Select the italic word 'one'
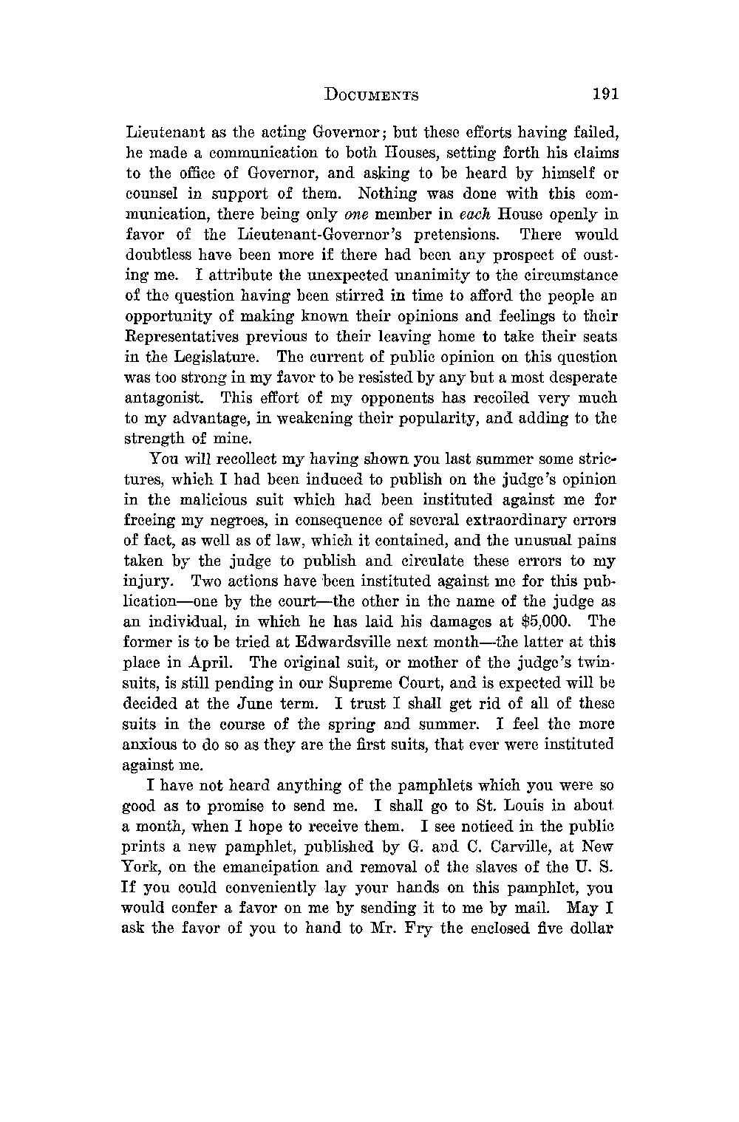click(x=356, y=215)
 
